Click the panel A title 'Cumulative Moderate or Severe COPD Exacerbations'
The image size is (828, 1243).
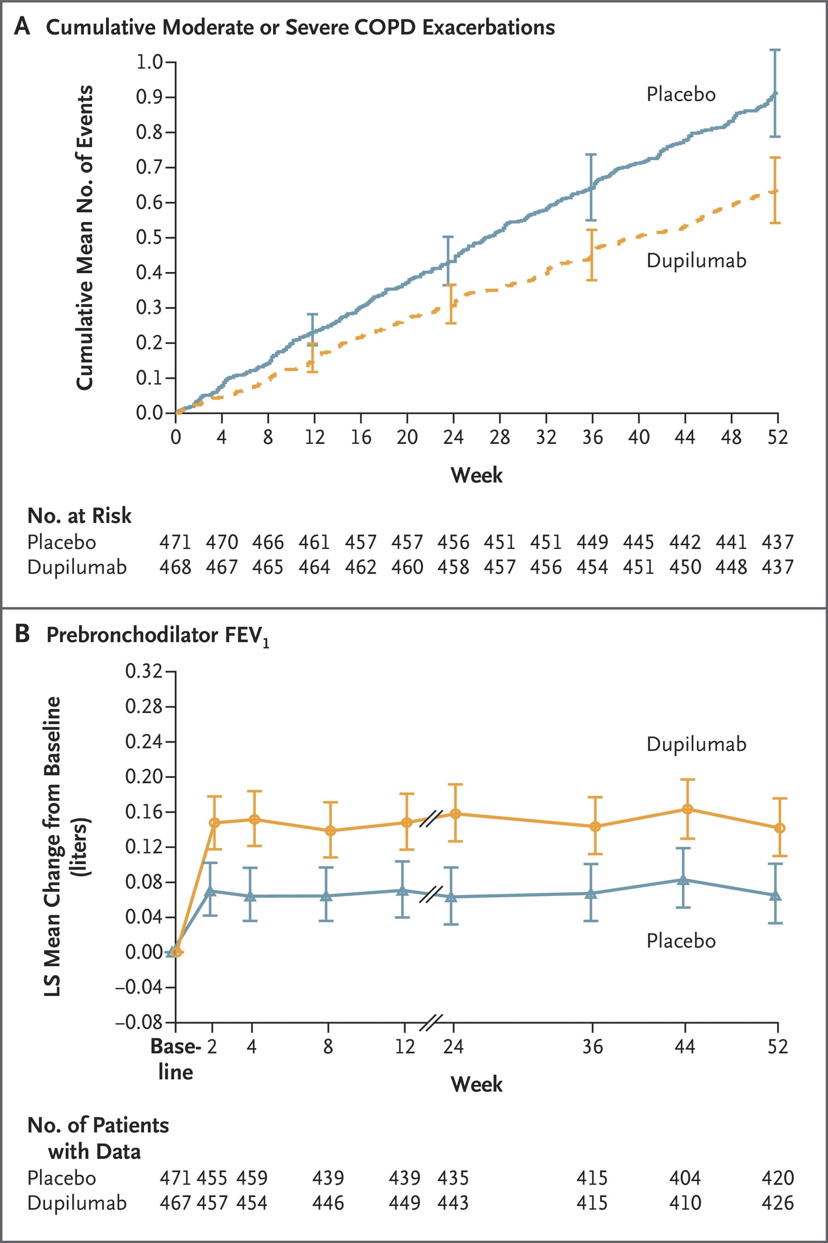pos(300,27)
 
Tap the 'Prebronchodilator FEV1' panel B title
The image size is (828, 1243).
pos(157,635)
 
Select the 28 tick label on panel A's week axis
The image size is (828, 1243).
pos(500,437)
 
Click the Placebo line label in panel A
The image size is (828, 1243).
pos(681,94)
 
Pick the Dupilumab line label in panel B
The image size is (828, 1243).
pos(696,744)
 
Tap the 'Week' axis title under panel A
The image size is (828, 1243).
pos(477,475)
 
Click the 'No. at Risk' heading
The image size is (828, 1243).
pos(79,516)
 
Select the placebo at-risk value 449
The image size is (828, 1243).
pos(592,542)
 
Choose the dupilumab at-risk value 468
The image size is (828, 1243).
pos(175,567)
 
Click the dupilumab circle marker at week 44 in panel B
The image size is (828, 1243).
pos(687,809)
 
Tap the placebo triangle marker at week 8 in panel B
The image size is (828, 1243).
pos(327,896)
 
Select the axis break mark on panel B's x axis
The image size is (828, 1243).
pos(431,1023)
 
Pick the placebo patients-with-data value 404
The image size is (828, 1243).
pos(684,1178)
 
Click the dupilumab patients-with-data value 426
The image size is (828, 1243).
pos(777,1203)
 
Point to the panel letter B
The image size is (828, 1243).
pos(22,634)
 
